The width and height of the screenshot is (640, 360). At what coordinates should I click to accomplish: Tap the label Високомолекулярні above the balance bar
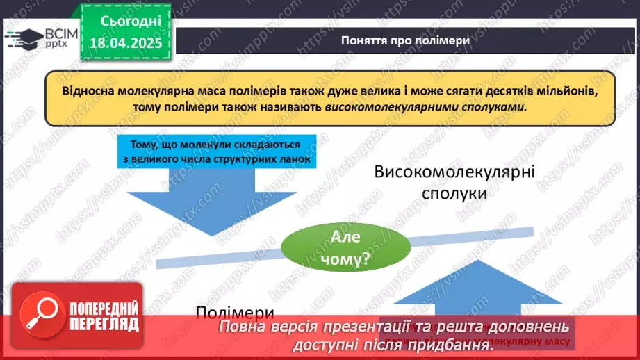tap(455, 171)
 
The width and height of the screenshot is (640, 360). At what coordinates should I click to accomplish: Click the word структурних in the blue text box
tap(227, 159)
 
